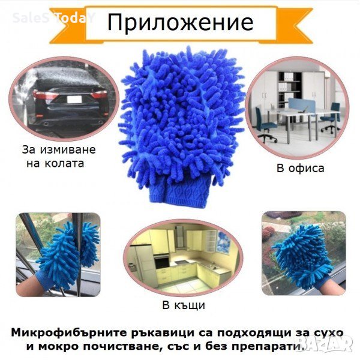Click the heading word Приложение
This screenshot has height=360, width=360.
[x=180, y=23]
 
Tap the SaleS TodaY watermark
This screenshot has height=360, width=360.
[x=53, y=17]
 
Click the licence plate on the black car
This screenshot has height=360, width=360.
[x=74, y=100]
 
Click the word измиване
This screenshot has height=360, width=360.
[x=68, y=150]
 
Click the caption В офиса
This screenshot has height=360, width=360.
[x=301, y=168]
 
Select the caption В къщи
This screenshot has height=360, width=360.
[x=184, y=305]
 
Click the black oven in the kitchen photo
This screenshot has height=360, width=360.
[x=162, y=262]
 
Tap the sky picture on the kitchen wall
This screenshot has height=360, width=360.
[x=223, y=242]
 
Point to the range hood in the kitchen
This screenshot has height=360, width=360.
[x=181, y=239]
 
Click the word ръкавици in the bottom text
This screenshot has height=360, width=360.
[x=163, y=333]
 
